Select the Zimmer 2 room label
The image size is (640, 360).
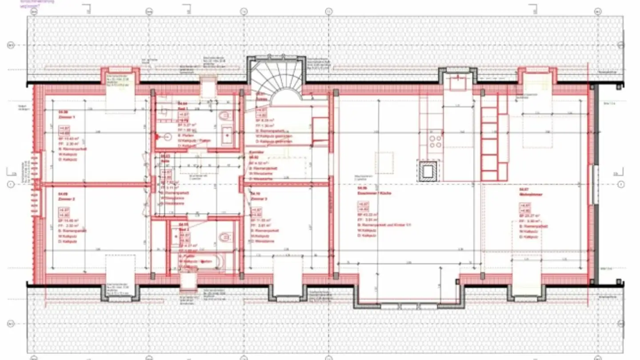(67, 200)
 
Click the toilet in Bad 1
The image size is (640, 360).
(226, 116)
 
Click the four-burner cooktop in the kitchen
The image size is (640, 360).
(435, 141)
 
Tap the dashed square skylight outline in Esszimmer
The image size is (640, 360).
(384, 163)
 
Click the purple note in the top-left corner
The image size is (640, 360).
(36, 4)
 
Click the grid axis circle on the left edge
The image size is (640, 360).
(11, 184)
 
